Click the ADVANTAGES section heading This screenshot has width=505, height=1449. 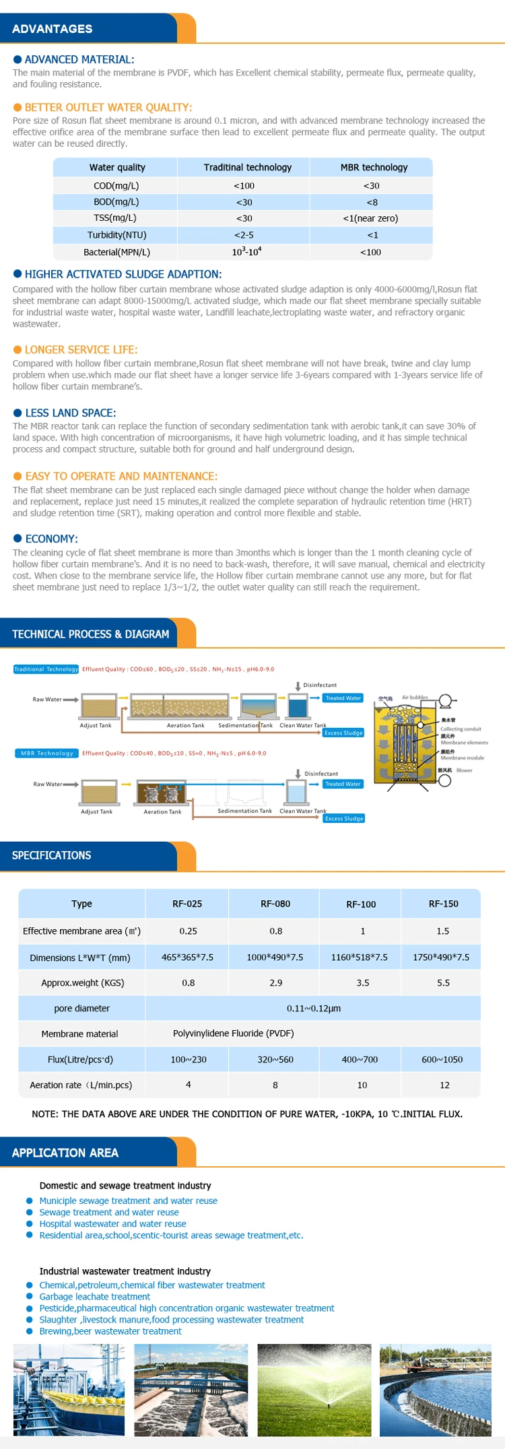point(52,29)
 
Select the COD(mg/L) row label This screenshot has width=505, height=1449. point(116,186)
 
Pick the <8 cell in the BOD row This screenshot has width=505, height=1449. point(372,202)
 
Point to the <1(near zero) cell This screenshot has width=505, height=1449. point(370,218)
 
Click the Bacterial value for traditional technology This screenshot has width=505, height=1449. point(246,251)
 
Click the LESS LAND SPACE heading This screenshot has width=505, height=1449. point(70,413)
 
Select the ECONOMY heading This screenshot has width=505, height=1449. point(51,539)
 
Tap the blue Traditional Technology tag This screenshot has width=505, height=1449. point(46,669)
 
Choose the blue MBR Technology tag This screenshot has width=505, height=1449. point(46,753)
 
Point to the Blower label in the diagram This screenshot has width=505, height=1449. point(464,770)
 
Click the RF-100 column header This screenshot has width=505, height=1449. point(361,904)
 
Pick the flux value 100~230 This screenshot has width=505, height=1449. point(189,1059)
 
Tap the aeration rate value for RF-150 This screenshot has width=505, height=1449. point(444,1085)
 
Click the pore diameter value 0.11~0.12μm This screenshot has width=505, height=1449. point(314,1008)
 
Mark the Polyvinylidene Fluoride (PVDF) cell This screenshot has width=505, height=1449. point(233,1033)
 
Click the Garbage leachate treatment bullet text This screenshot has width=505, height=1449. point(94,1296)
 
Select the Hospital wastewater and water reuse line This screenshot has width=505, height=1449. point(112,1223)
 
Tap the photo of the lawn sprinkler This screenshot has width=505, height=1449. point(314,1390)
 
